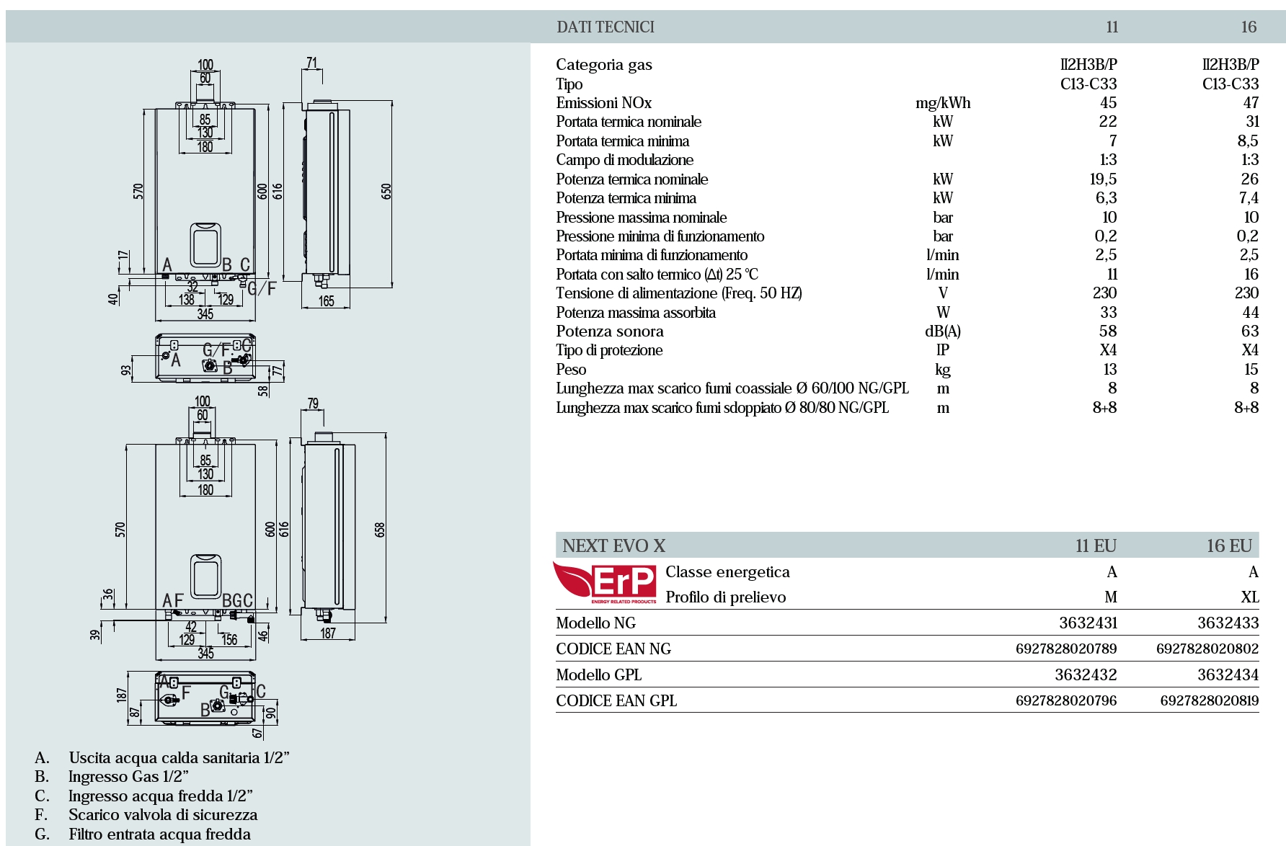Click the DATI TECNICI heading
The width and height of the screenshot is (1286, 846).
606,27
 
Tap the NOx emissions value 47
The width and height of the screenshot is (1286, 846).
1251,103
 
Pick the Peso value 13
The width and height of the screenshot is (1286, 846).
1109,370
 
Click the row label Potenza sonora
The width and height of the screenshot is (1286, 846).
610,331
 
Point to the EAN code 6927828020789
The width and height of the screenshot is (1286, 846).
1066,649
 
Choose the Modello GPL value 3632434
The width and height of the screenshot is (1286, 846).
1228,675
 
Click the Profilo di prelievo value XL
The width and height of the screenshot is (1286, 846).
1249,597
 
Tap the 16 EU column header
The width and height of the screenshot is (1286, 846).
1229,546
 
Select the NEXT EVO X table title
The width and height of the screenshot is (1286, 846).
613,546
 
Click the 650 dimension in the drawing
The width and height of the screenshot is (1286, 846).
386,192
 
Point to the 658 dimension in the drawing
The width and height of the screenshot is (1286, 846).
380,530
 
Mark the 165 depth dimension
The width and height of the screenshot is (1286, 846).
326,301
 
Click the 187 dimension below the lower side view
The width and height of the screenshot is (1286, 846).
328,633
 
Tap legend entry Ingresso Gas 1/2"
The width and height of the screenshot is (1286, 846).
128,777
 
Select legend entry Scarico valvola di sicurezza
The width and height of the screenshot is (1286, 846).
163,815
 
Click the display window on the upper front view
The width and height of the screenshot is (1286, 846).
205,244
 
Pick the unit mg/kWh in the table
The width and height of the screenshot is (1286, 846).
943,103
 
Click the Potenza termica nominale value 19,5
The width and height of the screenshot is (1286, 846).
1103,179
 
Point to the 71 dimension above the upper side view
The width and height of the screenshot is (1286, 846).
311,63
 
